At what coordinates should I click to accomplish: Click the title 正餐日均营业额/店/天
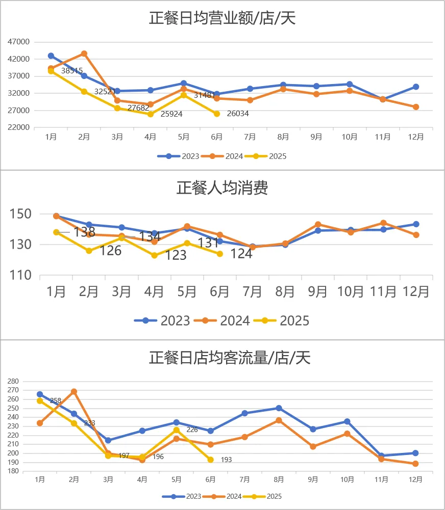222,18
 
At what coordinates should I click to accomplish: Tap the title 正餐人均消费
222,187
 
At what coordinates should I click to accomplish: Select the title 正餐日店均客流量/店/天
230,358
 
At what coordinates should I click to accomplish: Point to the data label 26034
237,114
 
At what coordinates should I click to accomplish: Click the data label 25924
171,114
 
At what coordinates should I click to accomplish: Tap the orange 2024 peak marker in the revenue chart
84,53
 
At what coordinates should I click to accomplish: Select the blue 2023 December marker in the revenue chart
416,87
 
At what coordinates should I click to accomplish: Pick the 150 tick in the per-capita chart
22,213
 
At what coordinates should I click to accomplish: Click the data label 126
110,251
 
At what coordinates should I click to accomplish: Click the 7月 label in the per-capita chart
253,291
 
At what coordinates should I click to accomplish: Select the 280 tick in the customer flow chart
13,381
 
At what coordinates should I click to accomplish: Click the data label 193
226,460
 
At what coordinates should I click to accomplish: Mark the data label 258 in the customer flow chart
56,401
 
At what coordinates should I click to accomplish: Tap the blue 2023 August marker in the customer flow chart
279,408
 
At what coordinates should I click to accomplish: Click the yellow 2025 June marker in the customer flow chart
210,460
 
